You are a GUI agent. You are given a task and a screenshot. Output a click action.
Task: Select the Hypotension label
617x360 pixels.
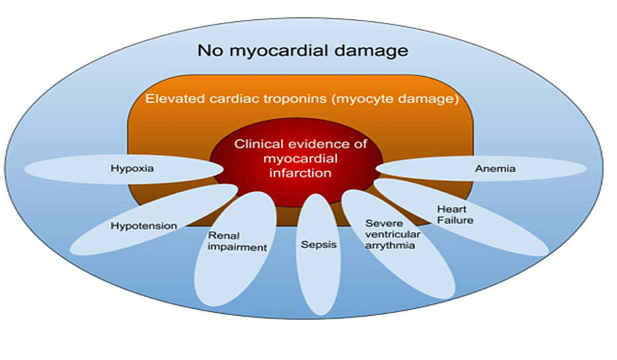point(143,225)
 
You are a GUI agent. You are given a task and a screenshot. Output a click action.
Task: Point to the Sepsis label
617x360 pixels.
point(319,244)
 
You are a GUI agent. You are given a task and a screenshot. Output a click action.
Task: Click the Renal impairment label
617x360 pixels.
point(237,241)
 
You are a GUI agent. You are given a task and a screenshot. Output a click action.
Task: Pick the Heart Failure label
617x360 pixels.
point(454,214)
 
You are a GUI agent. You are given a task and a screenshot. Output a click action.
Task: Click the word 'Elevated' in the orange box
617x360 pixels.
point(170,99)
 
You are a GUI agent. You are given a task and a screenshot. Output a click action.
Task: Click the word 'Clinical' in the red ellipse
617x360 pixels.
point(256,144)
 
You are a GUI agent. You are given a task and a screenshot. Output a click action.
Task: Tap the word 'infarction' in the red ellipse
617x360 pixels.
point(300,172)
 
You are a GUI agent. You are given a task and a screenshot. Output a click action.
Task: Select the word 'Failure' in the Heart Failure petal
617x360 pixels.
point(455,220)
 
